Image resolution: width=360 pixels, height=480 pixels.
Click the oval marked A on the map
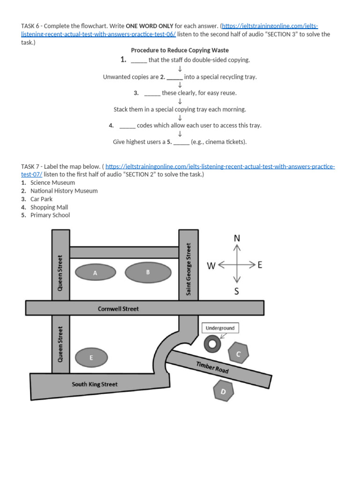point(95,273)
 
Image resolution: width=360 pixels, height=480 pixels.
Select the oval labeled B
point(148,272)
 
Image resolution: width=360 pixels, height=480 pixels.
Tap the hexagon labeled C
point(238,354)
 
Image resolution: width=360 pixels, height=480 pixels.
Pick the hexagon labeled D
point(223,391)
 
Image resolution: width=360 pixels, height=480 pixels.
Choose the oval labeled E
point(91,358)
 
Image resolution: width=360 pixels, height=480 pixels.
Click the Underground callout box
point(220,328)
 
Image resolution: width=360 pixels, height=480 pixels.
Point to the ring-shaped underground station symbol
point(212,345)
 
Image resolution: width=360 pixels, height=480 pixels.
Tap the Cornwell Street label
point(118,309)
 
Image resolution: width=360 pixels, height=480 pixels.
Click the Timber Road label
point(212,368)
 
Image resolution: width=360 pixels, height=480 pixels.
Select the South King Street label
point(95,384)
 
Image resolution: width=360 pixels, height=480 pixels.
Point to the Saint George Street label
point(188,269)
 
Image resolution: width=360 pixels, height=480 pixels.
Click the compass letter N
point(237,238)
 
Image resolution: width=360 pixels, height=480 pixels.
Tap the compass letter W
point(211,266)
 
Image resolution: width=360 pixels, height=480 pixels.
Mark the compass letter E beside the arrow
point(260,265)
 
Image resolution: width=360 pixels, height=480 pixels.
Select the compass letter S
point(236,292)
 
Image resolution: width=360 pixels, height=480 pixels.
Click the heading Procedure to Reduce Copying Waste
point(180,50)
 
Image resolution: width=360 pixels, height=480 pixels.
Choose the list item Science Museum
point(52,183)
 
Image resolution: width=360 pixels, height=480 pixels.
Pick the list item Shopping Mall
point(49,207)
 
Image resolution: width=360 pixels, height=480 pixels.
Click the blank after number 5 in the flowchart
point(181,142)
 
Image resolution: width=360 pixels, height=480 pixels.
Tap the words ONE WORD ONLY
point(150,26)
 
